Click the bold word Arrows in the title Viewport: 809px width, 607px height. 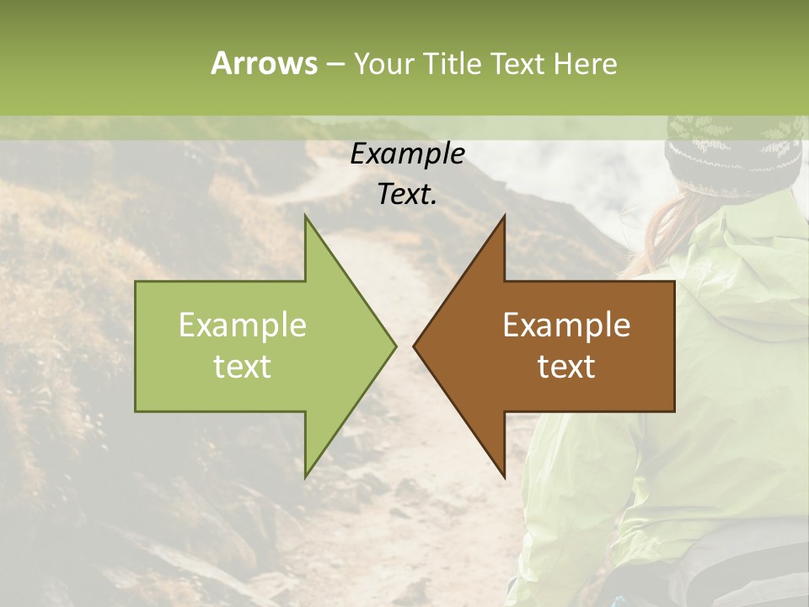(263, 63)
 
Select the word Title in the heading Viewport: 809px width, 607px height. (451, 63)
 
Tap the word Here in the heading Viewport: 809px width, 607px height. (584, 63)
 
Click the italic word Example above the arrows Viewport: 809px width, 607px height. (407, 153)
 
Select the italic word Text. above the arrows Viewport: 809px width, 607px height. (407, 194)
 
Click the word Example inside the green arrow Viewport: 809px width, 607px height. (242, 325)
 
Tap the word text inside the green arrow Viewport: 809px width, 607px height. (242, 366)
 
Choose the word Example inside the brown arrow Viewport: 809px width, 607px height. (566, 325)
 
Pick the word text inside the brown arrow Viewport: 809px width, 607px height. (566, 366)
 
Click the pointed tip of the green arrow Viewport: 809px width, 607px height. (395, 346)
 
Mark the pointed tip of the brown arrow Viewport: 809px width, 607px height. (414, 346)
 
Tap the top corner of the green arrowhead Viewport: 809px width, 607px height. (305, 216)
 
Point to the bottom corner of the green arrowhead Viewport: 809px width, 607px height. (305, 477)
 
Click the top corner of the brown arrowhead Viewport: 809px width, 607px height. (505, 216)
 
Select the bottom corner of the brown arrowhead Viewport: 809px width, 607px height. (505, 477)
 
